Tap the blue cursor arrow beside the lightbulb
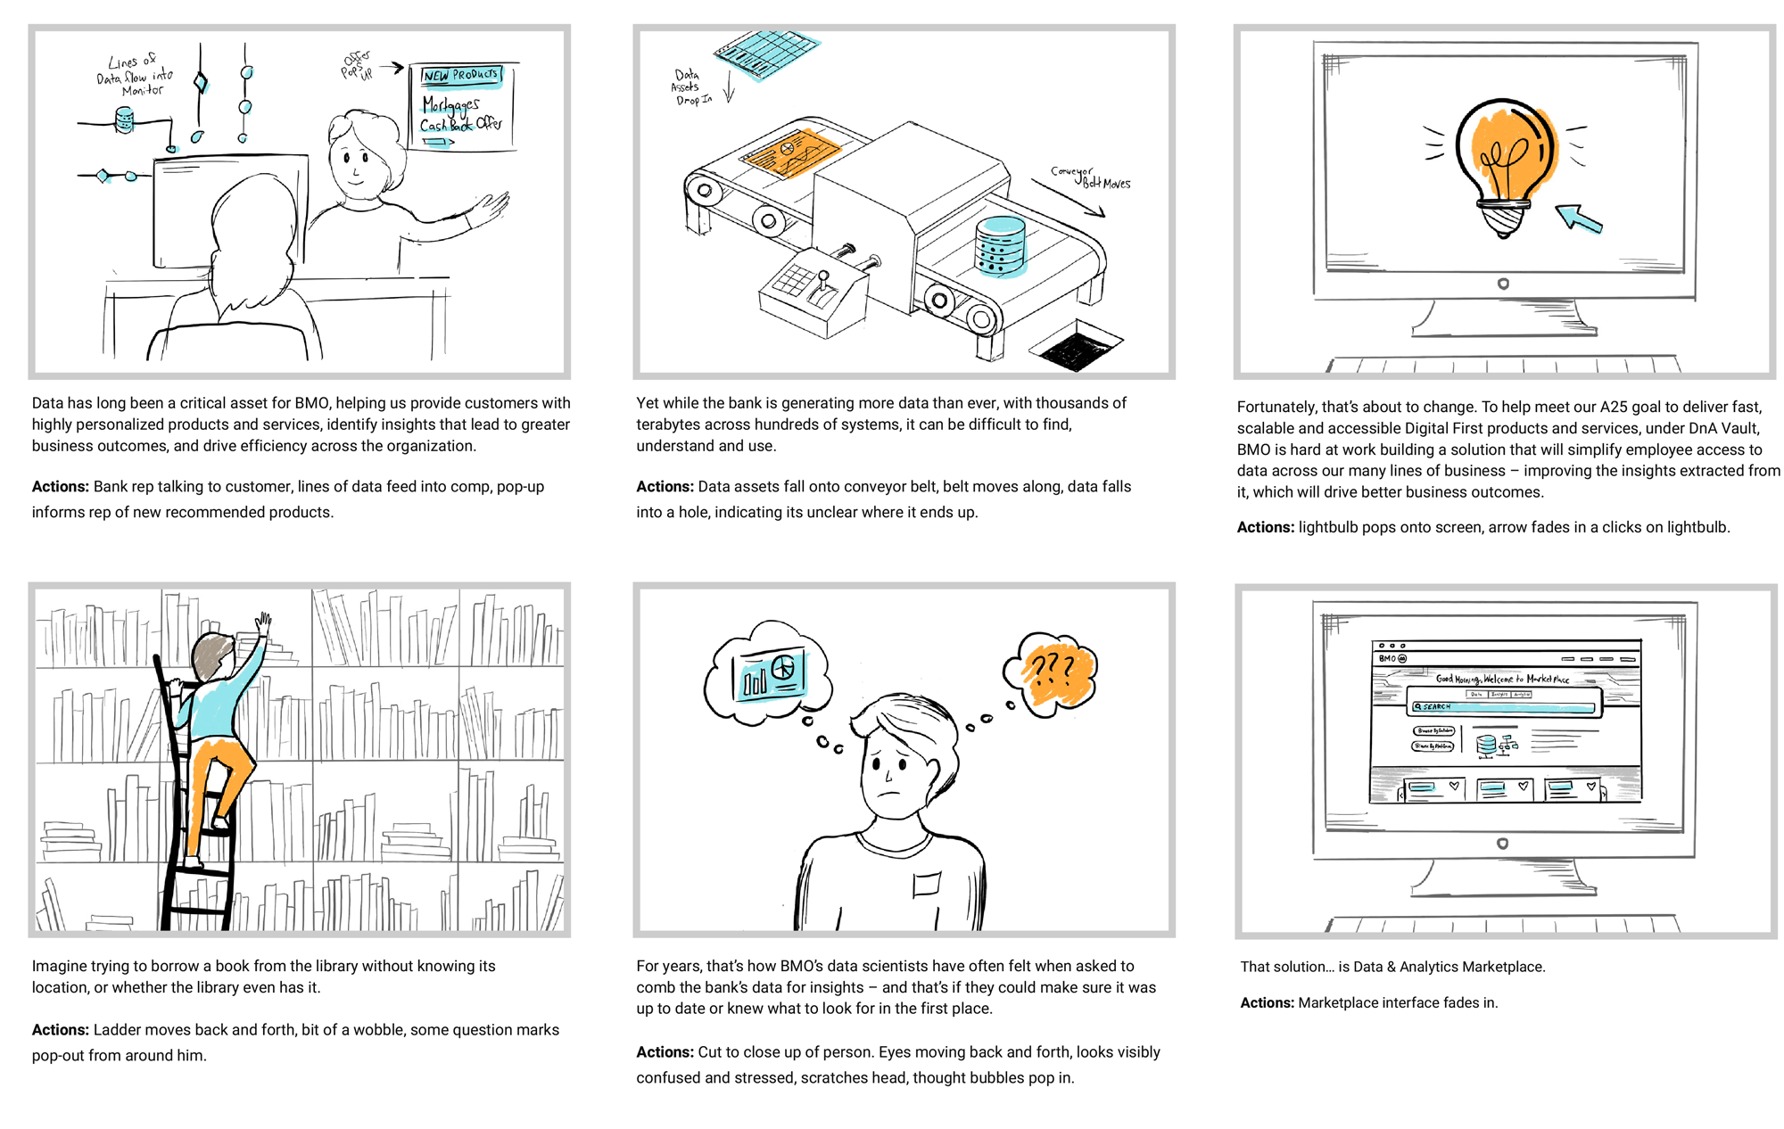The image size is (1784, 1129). (1579, 218)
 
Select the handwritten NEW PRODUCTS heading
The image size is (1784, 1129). (460, 76)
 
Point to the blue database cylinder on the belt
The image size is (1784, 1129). (1000, 245)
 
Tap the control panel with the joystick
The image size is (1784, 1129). (812, 290)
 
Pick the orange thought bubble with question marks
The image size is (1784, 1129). (1053, 673)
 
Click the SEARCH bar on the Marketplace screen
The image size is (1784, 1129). (1504, 706)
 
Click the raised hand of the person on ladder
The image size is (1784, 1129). (263, 622)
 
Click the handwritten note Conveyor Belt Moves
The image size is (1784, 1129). (1090, 177)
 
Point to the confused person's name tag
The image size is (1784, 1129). (927, 883)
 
